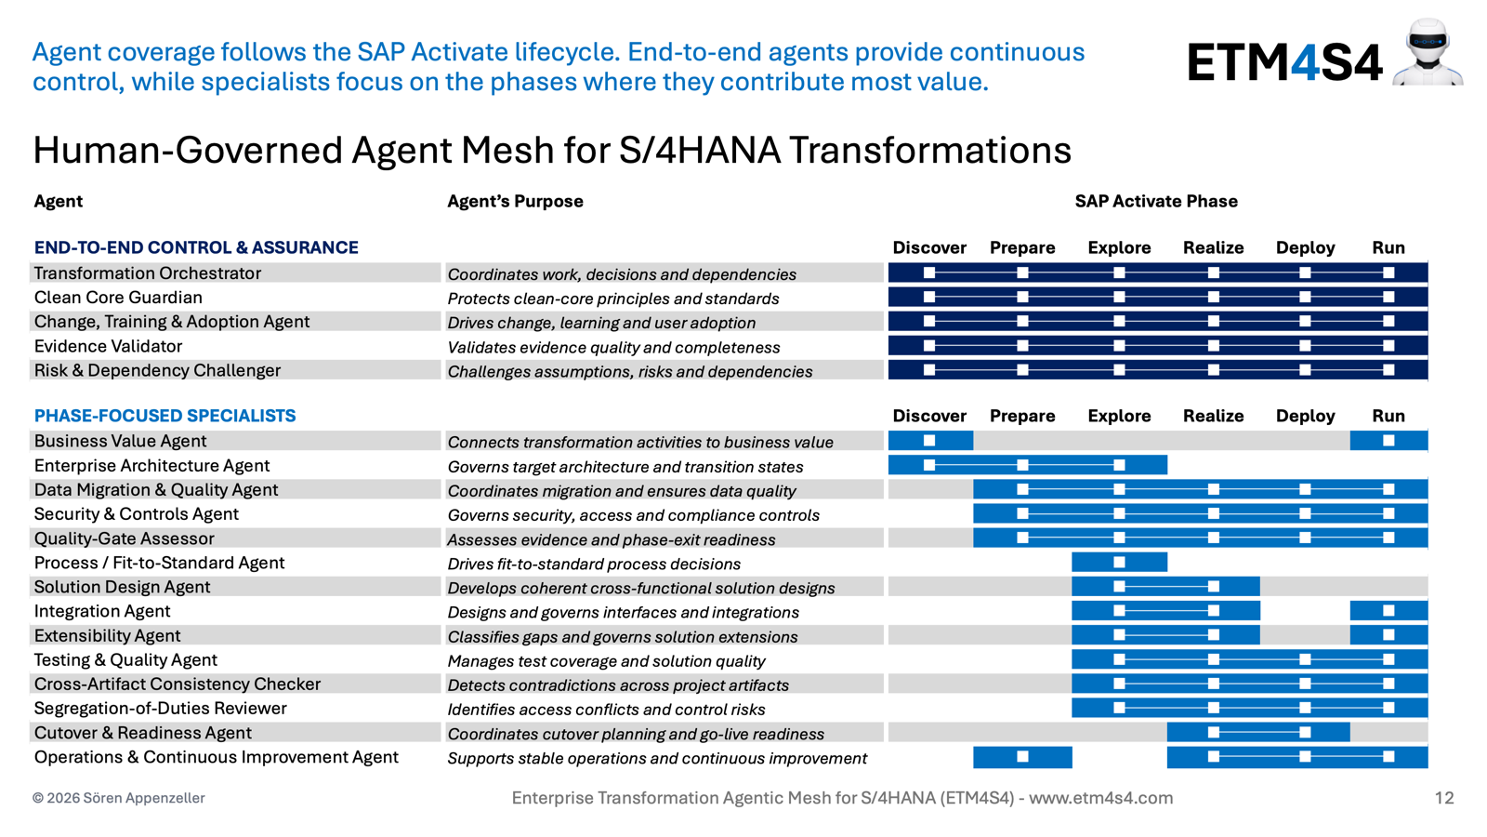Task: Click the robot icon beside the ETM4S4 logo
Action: tap(1428, 52)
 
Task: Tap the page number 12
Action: tap(1444, 798)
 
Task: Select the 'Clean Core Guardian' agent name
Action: tap(118, 298)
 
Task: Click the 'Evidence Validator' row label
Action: tap(108, 346)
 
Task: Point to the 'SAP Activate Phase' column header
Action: tap(1156, 201)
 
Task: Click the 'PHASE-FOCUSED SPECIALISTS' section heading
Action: tap(165, 416)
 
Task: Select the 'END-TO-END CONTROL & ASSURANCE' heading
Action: tap(196, 247)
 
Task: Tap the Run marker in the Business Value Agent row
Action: tap(1388, 441)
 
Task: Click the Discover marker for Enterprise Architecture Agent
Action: tap(929, 465)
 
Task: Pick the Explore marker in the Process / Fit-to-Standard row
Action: tap(1119, 562)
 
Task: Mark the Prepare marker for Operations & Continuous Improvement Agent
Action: tap(1022, 757)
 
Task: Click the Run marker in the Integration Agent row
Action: tap(1388, 610)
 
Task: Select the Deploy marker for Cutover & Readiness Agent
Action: tap(1305, 732)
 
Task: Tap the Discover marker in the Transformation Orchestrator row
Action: tap(929, 272)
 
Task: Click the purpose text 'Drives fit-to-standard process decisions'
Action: tap(594, 564)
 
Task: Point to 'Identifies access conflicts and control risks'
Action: tap(606, 710)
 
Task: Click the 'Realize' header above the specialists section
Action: tap(1214, 416)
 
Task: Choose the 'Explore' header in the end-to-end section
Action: tap(1119, 247)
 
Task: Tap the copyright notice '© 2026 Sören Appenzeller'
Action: tap(119, 798)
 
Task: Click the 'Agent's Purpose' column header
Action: tap(515, 201)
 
